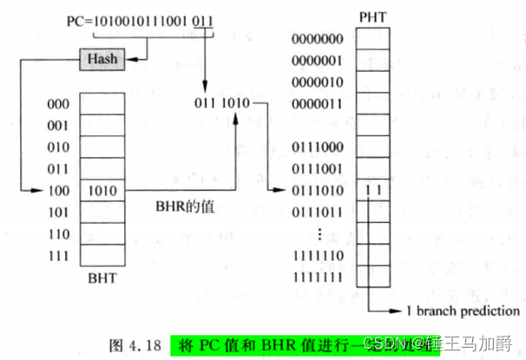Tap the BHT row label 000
[59, 103]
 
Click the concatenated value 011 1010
[224, 104]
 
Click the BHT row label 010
[59, 147]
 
